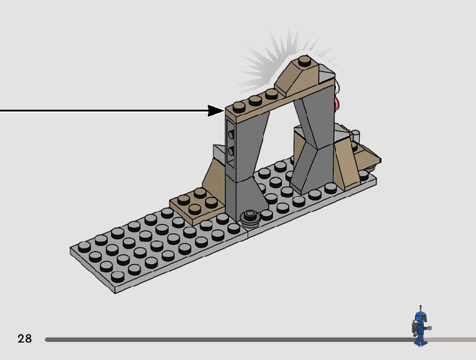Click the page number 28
pos(24,339)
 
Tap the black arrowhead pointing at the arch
pos(216,111)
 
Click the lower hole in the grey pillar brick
pos(231,151)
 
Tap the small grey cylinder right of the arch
pos(357,136)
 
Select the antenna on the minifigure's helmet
pos(420,308)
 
